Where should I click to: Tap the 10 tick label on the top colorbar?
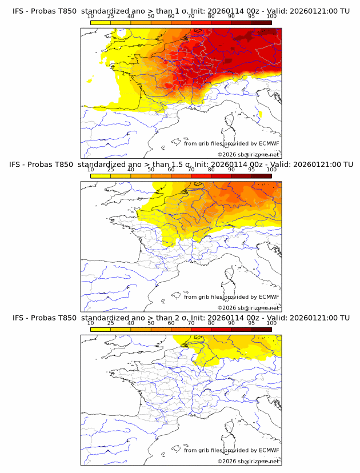[91, 16]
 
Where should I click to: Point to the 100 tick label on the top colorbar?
[271, 16]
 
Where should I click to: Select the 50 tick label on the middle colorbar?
[151, 170]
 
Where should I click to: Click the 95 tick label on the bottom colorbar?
[251, 323]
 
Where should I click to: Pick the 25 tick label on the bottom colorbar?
[111, 323]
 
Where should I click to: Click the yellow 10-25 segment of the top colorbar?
[101, 22]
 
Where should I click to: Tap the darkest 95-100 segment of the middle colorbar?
[261, 176]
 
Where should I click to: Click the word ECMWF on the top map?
[269, 144]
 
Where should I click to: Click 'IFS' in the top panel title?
[19, 11]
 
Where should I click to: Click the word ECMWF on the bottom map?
[269, 450]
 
